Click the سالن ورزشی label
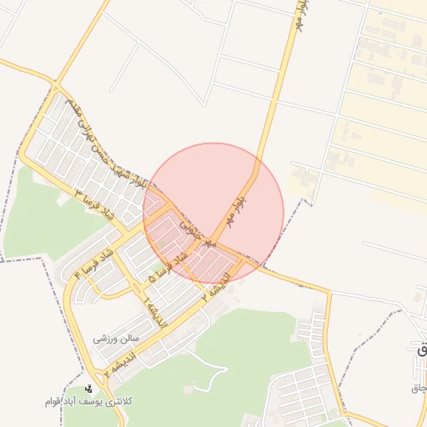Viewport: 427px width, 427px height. [x=115, y=339]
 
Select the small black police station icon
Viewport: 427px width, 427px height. [x=89, y=389]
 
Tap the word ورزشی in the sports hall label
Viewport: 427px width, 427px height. [x=104, y=339]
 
